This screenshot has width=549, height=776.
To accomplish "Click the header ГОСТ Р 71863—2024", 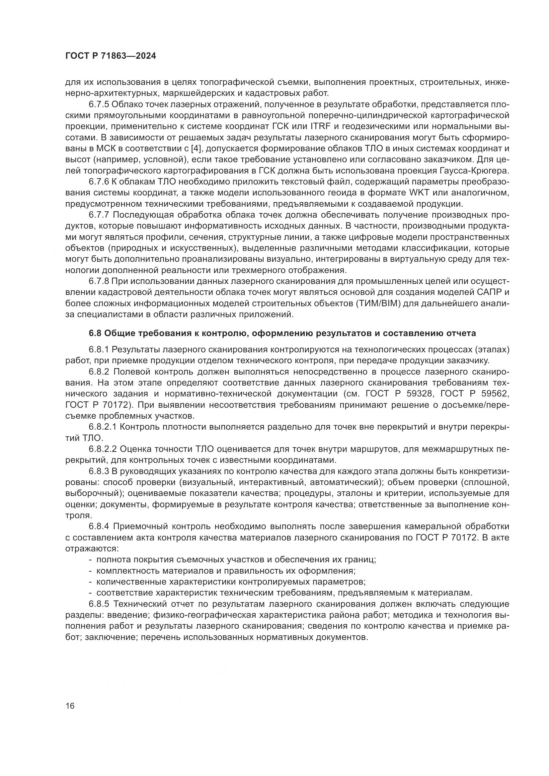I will point(111,56).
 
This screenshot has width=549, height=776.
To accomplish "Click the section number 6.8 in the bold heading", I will point(95,333).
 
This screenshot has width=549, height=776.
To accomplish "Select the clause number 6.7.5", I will point(100,105).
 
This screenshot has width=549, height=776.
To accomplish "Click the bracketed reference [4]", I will point(199,149).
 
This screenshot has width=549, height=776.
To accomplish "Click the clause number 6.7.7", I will point(100,215).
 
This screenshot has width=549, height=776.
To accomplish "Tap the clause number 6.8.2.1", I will point(103,427).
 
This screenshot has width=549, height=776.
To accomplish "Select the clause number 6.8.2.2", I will point(103,449).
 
